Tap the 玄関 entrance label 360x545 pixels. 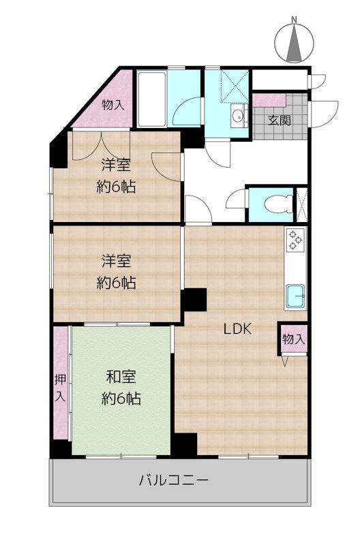[279, 121]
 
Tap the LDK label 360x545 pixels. [239, 329]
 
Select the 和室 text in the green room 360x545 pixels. [121, 377]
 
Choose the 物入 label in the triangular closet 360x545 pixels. [113, 105]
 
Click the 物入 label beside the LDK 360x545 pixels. [292, 339]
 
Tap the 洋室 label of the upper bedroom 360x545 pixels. [116, 163]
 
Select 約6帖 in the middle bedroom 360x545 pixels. [116, 283]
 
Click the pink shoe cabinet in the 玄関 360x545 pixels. [265, 101]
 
